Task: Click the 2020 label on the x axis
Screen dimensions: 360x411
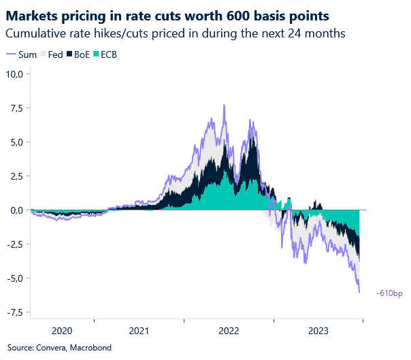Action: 62,331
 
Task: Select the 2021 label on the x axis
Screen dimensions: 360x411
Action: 139,331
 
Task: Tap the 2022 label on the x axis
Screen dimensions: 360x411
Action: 229,331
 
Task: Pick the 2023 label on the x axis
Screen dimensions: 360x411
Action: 318,331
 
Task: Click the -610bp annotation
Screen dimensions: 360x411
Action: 389,293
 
